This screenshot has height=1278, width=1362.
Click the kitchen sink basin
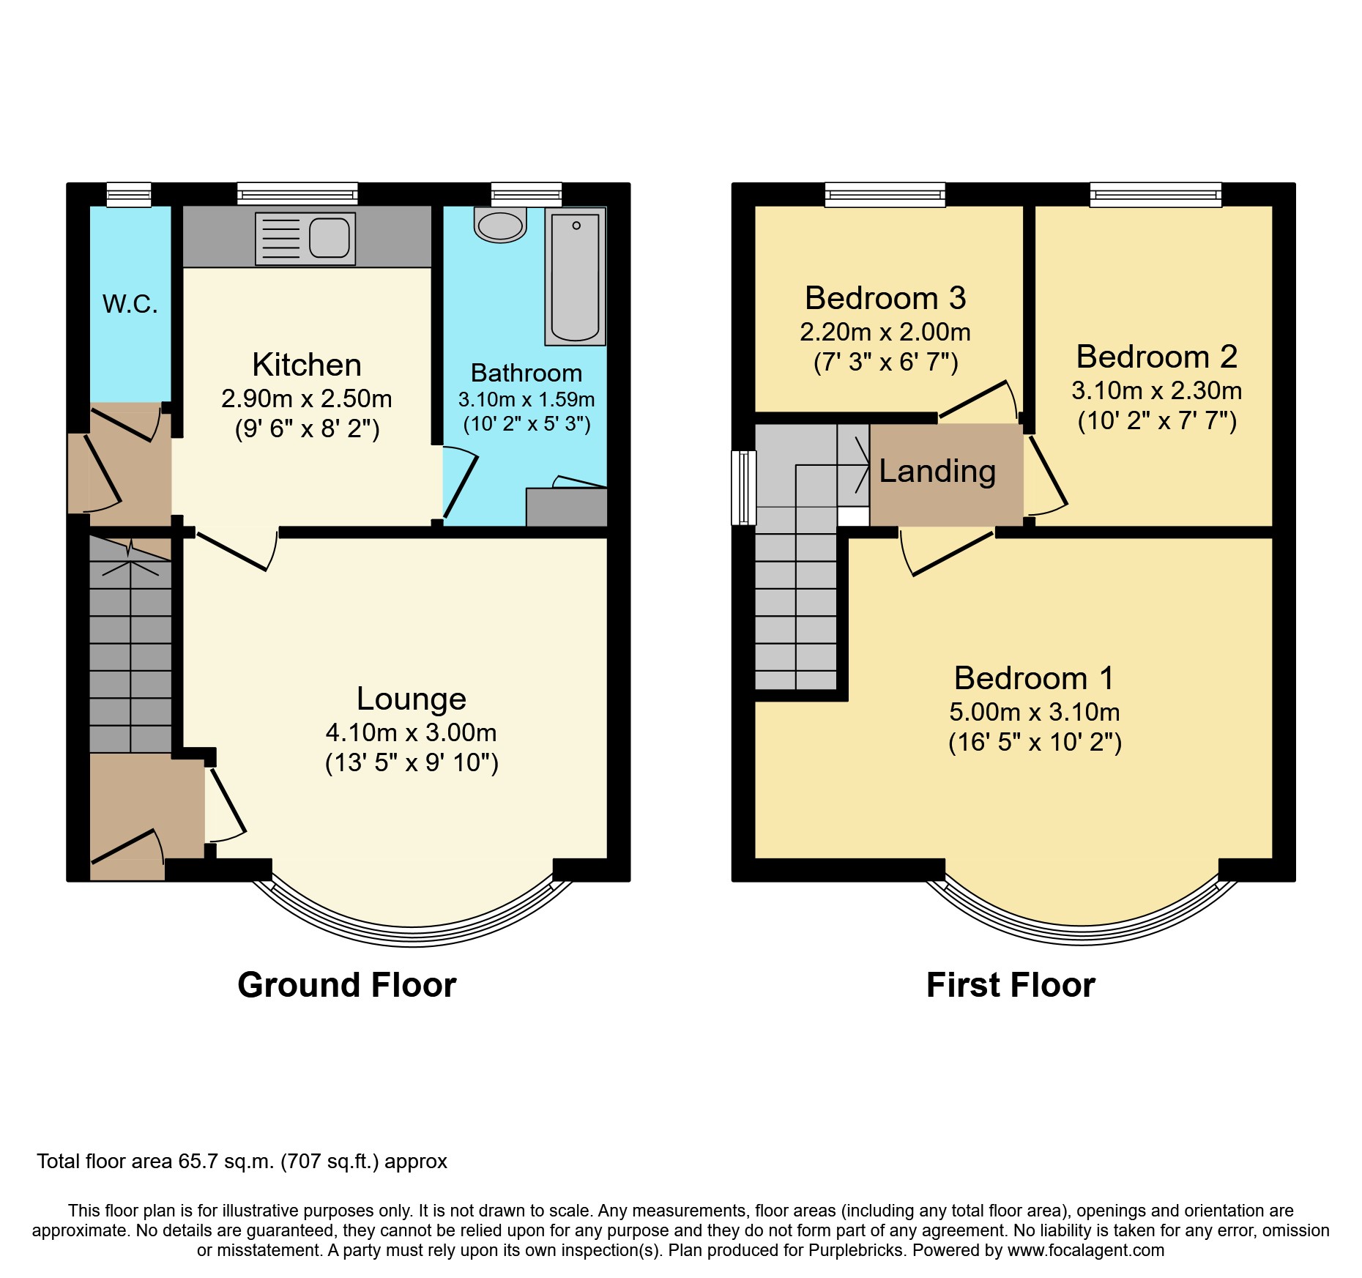pyautogui.click(x=329, y=238)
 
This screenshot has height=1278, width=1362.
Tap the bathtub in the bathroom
pyautogui.click(x=576, y=277)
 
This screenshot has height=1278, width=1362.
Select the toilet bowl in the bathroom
pyautogui.click(x=500, y=226)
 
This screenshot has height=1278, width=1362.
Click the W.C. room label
pyautogui.click(x=130, y=304)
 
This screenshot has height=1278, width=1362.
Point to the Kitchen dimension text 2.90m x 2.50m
pyautogui.click(x=307, y=399)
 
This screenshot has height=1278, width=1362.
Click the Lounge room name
pyautogui.click(x=411, y=699)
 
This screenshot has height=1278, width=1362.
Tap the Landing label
pyautogui.click(x=937, y=471)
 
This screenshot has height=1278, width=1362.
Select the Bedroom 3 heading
pyautogui.click(x=885, y=298)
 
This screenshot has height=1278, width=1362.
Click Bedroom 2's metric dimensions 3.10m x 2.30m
pyautogui.click(x=1157, y=391)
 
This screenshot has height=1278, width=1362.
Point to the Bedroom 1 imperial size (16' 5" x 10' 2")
pyautogui.click(x=1035, y=743)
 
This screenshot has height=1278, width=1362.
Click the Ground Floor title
pyautogui.click(x=347, y=985)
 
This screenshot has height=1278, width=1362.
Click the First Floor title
pyautogui.click(x=1011, y=985)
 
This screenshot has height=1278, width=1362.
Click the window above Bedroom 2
pyautogui.click(x=1156, y=194)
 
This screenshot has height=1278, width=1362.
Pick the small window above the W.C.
pyautogui.click(x=129, y=194)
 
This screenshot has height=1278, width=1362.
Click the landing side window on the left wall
pyautogui.click(x=743, y=488)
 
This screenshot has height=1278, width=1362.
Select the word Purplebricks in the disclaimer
pyautogui.click(x=856, y=1250)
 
